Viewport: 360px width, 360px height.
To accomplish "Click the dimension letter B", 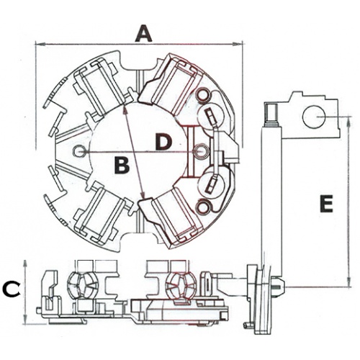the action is [122, 165].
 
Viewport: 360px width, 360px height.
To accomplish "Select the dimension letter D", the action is [163, 142].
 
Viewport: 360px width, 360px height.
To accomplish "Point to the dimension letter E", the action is [326, 204].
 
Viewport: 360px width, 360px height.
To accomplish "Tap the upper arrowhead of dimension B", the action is [125, 109].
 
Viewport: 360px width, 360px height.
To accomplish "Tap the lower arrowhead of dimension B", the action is [143, 194].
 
